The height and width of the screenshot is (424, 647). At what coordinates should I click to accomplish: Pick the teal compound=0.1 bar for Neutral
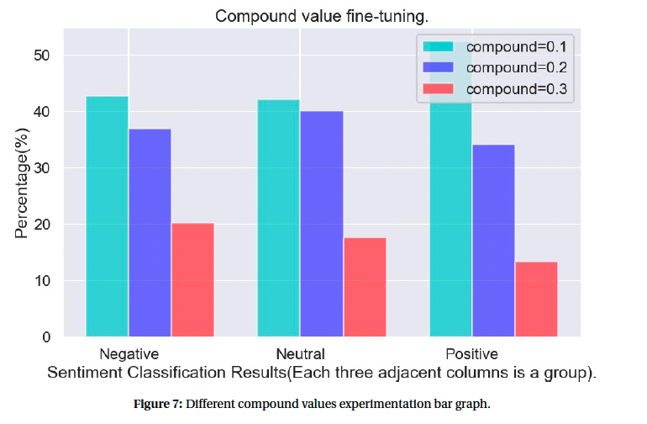point(278,219)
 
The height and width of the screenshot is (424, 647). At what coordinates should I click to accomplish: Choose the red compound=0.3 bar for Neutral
point(365,288)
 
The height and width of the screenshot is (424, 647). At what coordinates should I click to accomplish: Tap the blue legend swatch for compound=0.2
point(439,66)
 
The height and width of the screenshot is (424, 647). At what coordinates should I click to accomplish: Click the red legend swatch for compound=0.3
point(439,88)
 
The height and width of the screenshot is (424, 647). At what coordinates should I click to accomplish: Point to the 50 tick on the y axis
point(42,56)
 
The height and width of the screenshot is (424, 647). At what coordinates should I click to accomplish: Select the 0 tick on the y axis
point(47,337)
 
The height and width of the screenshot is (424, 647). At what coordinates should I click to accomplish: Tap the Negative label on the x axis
point(129,353)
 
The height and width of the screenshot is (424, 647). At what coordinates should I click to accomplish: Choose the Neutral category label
point(300,353)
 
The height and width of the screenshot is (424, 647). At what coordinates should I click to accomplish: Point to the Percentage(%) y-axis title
point(21,182)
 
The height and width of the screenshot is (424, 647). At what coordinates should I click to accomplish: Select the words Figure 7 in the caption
point(158,404)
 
